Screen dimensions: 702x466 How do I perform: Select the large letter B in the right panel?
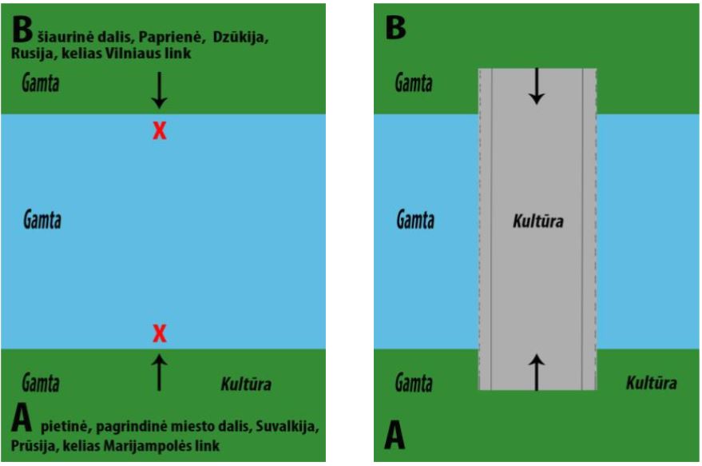pos(396,29)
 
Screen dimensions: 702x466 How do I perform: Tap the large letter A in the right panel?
pos(396,436)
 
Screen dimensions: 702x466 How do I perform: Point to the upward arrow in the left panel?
pos(160,372)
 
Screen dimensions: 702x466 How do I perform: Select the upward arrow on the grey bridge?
pos(537,372)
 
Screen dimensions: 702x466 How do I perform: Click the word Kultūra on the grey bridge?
pos(537,221)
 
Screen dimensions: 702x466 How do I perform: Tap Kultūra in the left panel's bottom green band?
pos(245,384)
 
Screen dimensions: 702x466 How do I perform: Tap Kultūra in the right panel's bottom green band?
pos(651,384)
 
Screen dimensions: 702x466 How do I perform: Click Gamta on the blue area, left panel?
pos(42,220)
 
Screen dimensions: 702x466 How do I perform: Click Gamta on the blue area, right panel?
pos(415,220)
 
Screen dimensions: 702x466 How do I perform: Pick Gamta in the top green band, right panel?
pos(415,83)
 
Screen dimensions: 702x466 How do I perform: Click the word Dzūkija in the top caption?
pos(240,38)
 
